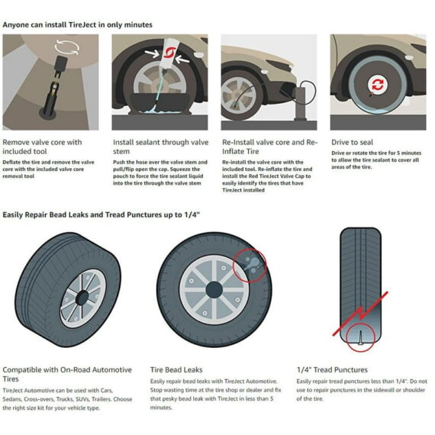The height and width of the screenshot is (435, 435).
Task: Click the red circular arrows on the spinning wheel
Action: click(378, 83)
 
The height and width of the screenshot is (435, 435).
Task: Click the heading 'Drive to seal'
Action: click(353, 142)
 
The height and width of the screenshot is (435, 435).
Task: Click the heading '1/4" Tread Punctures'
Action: click(333, 369)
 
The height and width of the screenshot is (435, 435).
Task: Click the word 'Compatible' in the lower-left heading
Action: click(23, 369)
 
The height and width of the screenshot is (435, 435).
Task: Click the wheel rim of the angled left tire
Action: click(80, 296)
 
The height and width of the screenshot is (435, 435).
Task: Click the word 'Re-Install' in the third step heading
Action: click(240, 142)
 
